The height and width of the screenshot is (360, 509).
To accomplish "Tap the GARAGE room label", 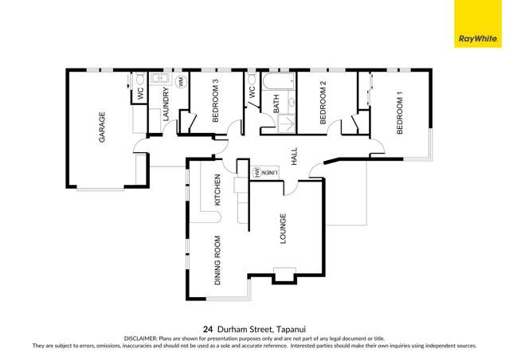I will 102,127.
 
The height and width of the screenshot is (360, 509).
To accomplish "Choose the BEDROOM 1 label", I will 400,113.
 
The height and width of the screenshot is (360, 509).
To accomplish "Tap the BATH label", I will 276,103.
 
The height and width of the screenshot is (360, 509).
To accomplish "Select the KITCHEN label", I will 216,190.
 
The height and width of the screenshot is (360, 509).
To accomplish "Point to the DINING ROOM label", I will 217,260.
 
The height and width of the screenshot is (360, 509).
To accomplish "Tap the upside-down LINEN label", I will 269,172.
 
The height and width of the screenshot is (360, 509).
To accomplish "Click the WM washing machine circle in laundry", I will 181,82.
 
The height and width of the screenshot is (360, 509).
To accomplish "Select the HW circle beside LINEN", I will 256,172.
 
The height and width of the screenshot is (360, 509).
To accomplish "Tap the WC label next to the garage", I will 141,93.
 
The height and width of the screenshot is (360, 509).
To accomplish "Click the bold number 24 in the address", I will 208,327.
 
